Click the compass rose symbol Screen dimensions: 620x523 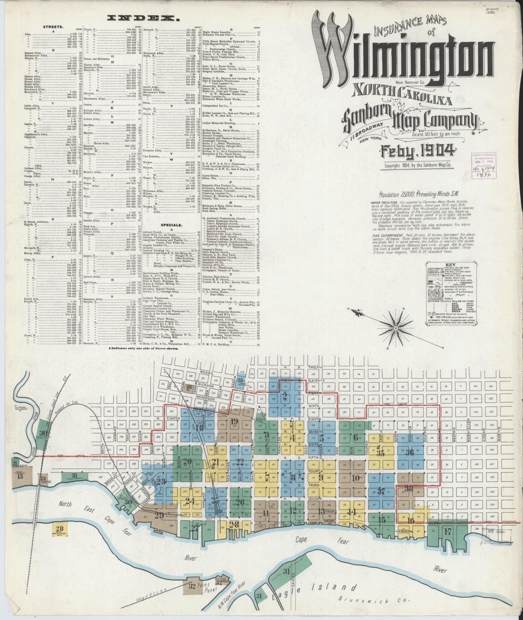(x=396, y=328)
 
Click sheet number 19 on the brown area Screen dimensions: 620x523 (x=234, y=421)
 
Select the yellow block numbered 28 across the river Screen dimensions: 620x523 (x=60, y=529)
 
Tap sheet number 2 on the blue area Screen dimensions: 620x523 (x=285, y=395)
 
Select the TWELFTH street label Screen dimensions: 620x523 (x=315, y=366)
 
